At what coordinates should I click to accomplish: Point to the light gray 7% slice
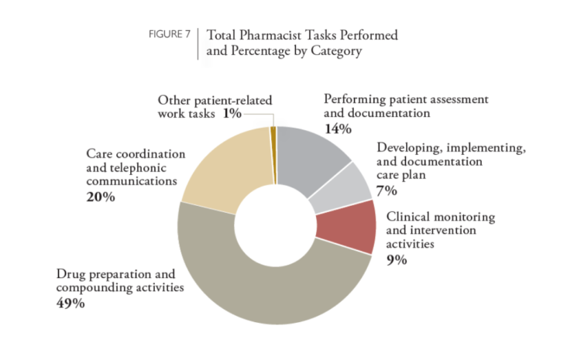click(338, 188)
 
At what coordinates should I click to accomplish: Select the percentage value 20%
click(101, 197)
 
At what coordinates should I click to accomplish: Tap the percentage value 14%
click(337, 129)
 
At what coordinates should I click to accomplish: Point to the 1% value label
click(232, 114)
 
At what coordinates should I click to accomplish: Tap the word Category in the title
click(334, 51)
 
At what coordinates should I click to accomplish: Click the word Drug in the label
click(71, 274)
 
